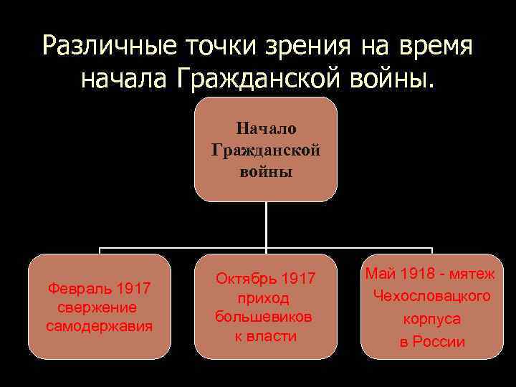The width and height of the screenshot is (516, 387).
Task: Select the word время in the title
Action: pos(433,47)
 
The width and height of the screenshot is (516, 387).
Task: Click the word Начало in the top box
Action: pos(266,129)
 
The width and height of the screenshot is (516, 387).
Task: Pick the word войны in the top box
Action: pos(266,173)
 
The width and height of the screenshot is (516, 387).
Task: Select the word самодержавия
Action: pos(99,327)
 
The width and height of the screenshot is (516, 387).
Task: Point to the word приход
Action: pos(266,297)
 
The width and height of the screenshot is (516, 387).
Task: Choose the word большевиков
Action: pos(264,317)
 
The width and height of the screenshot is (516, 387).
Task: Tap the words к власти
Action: pos(266,336)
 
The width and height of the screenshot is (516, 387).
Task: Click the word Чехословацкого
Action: pos(432,296)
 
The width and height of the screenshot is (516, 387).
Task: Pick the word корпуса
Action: pos(432,319)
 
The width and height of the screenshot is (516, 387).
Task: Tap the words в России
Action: pos(432,342)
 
